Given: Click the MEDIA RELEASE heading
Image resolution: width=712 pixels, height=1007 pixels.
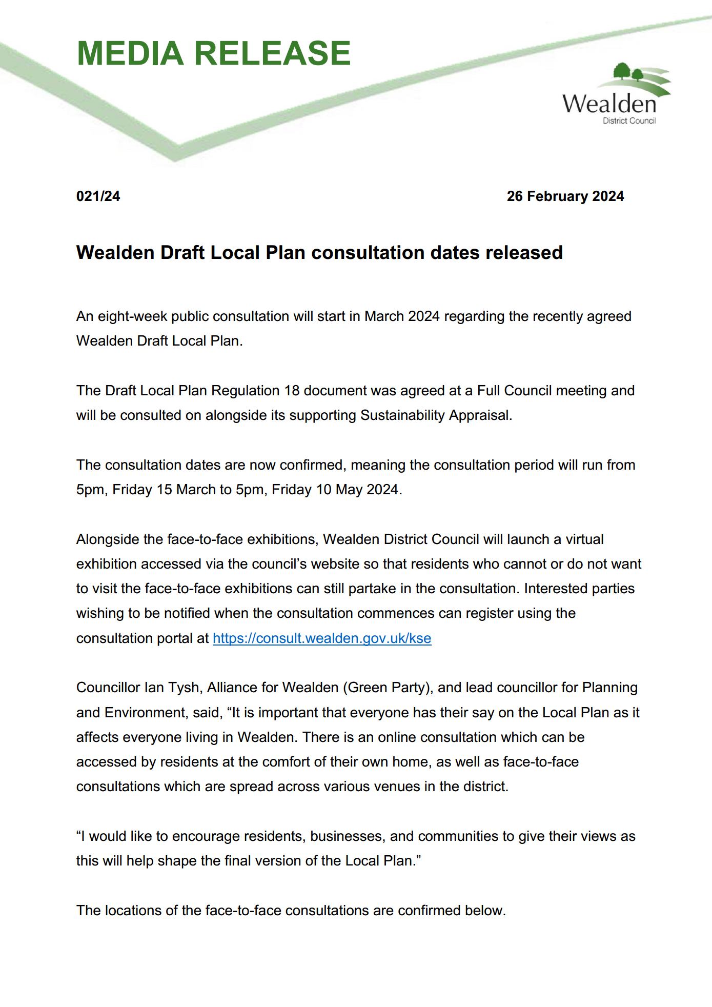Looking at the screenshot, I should pos(213,53).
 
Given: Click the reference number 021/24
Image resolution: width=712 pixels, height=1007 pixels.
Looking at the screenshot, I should pos(98,196).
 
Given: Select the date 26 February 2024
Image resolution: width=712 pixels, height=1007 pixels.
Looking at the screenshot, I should pos(565,196).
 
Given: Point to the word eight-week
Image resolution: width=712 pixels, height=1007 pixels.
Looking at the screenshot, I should pos(129,316).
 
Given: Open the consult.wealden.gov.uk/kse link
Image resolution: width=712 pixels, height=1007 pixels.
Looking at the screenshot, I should pos(322,638).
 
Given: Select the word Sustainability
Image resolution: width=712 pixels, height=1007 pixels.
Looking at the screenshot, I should pos(402,415).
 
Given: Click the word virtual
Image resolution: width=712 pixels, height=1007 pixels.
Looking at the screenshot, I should pos(584,539).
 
